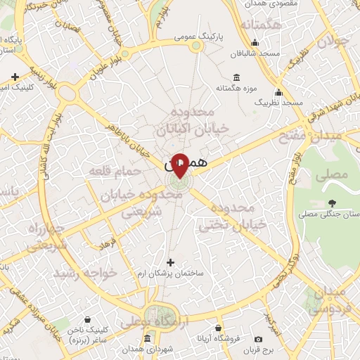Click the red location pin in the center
click(x=180, y=165)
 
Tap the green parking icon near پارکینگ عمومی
click(x=196, y=46)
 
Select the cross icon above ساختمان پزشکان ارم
click(x=170, y=262)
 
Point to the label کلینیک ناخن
click(x=87, y=329)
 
